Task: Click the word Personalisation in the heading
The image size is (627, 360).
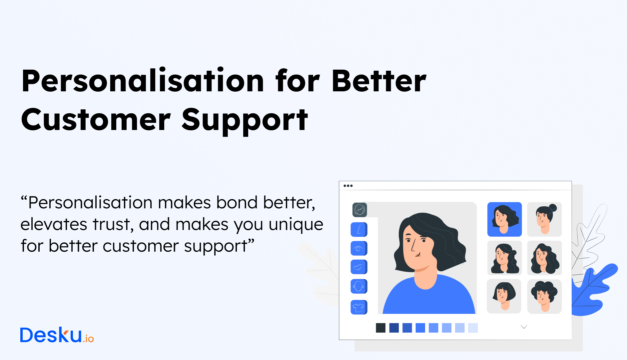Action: tap(143, 81)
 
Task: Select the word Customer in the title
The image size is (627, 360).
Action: tap(96, 120)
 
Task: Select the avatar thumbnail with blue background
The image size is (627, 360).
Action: tap(504, 219)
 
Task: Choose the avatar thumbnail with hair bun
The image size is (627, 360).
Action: tap(544, 219)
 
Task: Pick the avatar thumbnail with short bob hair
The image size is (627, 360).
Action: tap(504, 296)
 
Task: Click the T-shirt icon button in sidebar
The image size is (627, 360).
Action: tap(359, 307)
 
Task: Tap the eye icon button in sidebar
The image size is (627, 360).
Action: tap(359, 248)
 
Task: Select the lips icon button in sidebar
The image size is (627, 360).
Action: tap(359, 267)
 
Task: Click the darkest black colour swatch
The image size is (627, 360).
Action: tap(380, 328)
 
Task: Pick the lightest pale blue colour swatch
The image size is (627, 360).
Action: tap(473, 328)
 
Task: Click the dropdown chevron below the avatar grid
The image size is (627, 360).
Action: tap(524, 327)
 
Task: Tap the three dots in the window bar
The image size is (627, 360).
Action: tap(348, 186)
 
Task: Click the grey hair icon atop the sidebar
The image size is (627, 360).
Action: tap(359, 210)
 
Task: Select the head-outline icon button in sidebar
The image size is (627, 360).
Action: tap(359, 286)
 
